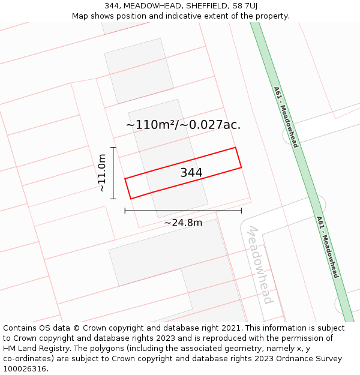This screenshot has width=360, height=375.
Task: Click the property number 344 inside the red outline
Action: click(x=191, y=173)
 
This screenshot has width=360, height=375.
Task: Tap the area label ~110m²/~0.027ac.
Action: click(x=183, y=125)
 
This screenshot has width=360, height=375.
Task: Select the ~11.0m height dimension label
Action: click(x=102, y=173)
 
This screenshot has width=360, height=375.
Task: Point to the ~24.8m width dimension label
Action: click(x=183, y=223)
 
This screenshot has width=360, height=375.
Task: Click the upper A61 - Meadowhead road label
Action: click(x=286, y=117)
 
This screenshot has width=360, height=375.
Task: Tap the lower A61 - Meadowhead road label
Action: click(x=328, y=247)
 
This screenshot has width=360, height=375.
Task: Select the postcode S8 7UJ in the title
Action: click(x=243, y=6)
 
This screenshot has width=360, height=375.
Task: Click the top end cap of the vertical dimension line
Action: click(x=113, y=147)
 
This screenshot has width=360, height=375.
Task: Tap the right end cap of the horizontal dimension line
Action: click(x=241, y=211)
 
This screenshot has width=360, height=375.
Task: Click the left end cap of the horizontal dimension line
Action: click(x=125, y=211)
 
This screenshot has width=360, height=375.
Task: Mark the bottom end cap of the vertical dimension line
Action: click(x=113, y=199)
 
